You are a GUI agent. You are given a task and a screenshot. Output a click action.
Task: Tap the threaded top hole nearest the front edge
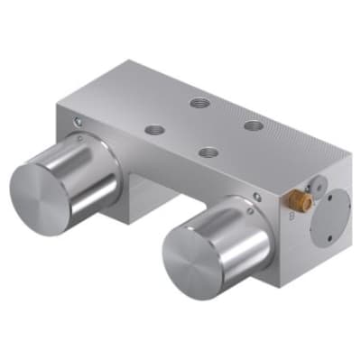[x=210, y=153]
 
